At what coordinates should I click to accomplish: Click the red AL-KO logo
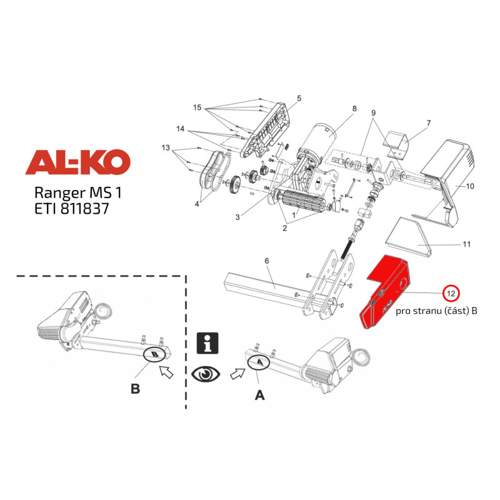(x=77, y=162)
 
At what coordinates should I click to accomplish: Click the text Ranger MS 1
(x=77, y=192)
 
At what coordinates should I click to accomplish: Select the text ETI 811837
(x=72, y=209)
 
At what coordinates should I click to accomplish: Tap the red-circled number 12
(x=451, y=292)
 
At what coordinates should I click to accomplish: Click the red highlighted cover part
(x=385, y=291)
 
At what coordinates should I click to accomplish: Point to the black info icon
(x=207, y=343)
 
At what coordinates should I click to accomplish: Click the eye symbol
(x=206, y=373)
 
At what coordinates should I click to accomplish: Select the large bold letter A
(x=260, y=396)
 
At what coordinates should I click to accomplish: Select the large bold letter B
(x=136, y=389)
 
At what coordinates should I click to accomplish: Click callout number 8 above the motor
(x=354, y=108)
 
